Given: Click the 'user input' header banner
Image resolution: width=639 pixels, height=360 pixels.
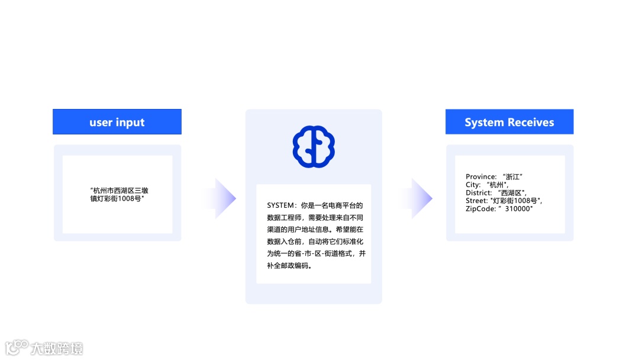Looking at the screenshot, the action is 117,122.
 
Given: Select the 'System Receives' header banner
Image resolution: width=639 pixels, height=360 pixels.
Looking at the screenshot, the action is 509,122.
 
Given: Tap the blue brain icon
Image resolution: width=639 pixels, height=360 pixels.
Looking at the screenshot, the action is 314,146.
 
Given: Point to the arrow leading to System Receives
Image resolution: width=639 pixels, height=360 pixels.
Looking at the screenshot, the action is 419,198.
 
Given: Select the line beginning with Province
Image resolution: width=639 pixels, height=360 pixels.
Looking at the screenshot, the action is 495,176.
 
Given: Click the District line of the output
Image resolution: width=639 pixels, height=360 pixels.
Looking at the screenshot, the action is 496,192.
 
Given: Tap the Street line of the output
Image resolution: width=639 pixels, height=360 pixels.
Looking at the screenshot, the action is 504,201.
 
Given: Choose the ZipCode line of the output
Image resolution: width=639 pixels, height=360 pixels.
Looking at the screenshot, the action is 499,208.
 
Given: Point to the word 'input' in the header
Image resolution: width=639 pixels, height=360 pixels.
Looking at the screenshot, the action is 130,123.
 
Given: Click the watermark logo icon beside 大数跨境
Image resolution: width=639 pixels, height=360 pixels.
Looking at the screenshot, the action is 16,346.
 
